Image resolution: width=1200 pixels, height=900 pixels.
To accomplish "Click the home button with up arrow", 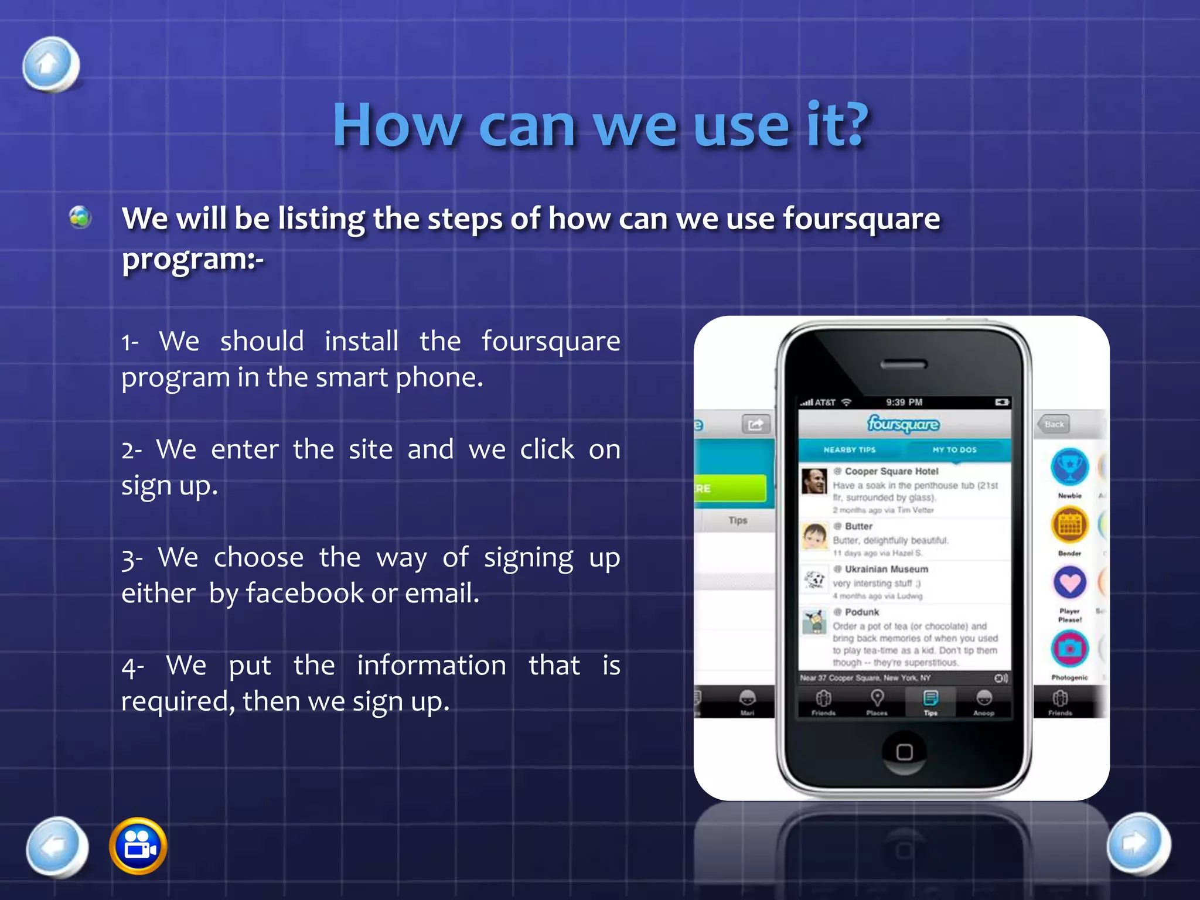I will [50, 64].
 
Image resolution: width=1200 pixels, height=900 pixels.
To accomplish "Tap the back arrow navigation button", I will [57, 846].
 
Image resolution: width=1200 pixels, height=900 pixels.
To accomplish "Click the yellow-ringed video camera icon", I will [138, 846].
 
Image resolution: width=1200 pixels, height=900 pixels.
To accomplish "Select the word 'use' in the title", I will [741, 125].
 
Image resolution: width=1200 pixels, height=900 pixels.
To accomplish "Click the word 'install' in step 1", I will [362, 341].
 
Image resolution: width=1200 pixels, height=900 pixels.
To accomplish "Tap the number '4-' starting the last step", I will [132, 667].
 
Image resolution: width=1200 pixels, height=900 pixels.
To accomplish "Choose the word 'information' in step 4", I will [431, 666].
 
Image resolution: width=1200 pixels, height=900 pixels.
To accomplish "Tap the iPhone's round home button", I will [904, 752].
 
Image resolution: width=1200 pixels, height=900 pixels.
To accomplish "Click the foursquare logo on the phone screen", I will [904, 423].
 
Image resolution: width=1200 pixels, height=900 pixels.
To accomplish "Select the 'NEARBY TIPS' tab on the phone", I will [849, 449].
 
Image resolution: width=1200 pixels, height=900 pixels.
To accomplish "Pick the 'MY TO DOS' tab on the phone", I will [954, 449].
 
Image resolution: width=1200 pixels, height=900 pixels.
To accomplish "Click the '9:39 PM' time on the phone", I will [904, 402].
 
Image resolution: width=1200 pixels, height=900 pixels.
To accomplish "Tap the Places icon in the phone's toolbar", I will [877, 701].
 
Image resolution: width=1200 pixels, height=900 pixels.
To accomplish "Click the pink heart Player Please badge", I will [1069, 582].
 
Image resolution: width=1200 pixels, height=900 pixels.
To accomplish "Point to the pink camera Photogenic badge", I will [1069, 648].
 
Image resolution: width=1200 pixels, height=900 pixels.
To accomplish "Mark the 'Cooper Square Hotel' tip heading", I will [891, 471].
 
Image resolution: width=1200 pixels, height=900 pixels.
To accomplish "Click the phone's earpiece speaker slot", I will [904, 364].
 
